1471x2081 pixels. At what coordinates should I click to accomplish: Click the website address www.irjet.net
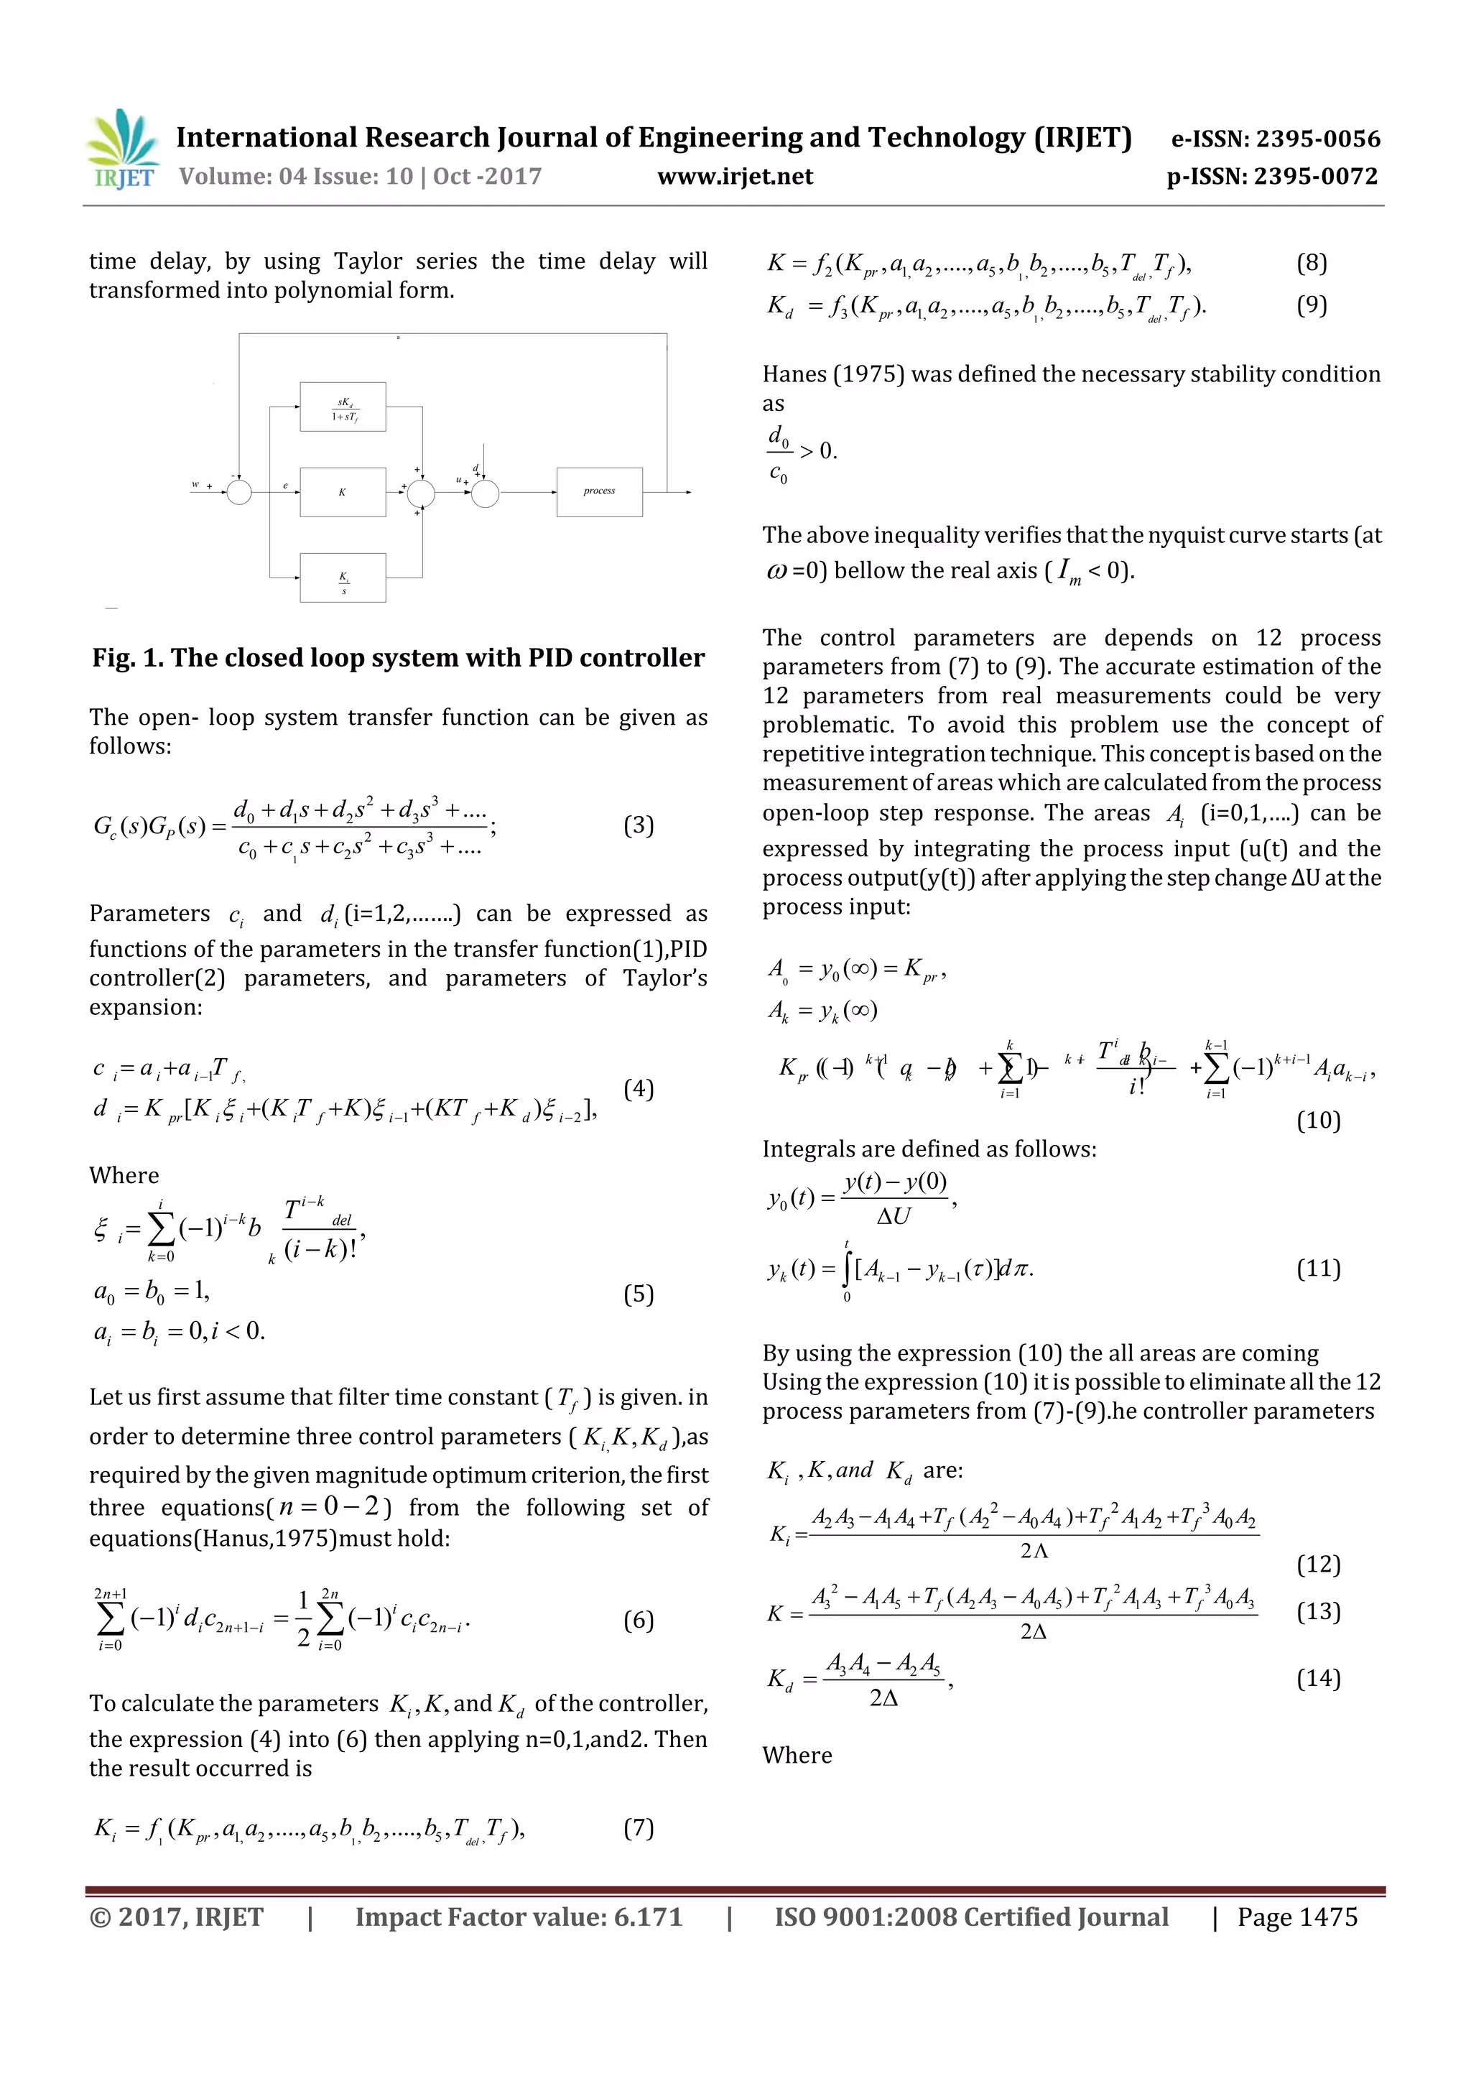point(735,177)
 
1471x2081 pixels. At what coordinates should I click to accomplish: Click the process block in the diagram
point(599,492)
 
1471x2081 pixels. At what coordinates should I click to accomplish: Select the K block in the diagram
point(343,492)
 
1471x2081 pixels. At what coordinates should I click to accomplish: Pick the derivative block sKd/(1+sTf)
point(343,408)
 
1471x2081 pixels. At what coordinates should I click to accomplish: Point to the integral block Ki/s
point(343,578)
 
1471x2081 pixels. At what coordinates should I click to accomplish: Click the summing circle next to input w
point(239,492)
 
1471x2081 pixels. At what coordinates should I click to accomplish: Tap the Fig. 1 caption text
point(398,658)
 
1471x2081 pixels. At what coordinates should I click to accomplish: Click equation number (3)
point(638,825)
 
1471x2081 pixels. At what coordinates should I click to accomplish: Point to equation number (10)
point(1318,1121)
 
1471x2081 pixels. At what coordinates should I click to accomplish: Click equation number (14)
point(1318,1679)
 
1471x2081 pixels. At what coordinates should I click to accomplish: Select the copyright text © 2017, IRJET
point(177,1917)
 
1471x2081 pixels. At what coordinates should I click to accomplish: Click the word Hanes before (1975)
point(794,374)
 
